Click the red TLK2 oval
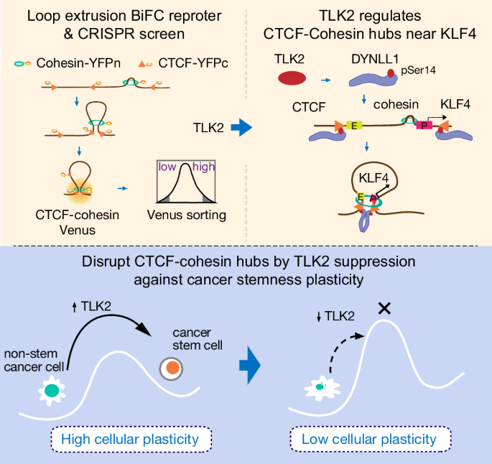coord(291,78)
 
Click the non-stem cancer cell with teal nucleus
coord(52,391)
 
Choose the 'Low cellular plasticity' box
coord(368,439)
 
